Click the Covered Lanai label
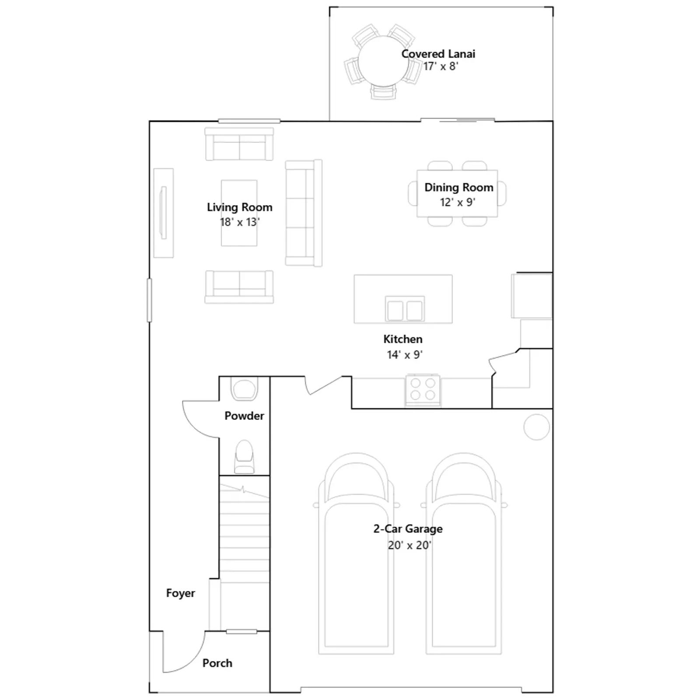[x=438, y=54]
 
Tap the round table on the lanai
[x=383, y=61]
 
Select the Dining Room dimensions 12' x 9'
[x=458, y=202]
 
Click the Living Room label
[x=240, y=207]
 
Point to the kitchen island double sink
[x=405, y=309]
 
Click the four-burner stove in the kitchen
[x=423, y=389]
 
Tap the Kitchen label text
[x=403, y=339]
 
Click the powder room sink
[x=245, y=389]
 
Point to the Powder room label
[x=244, y=416]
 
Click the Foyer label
[x=180, y=593]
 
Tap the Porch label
[x=217, y=663]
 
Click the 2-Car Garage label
[x=408, y=529]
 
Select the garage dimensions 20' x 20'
[x=409, y=545]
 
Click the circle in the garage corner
[x=536, y=427]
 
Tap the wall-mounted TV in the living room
[x=164, y=213]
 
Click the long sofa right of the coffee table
[x=304, y=213]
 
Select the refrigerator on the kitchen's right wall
[x=532, y=295]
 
